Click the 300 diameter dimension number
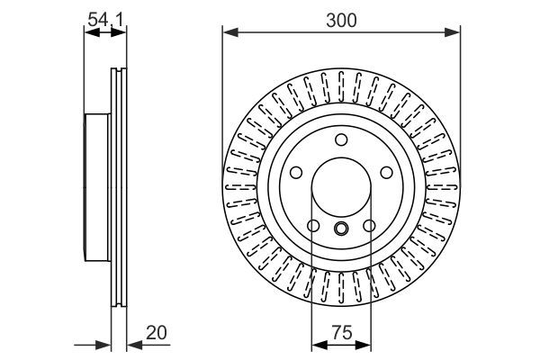341,18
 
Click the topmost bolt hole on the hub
341,140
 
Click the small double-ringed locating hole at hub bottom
341,228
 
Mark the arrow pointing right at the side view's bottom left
104,344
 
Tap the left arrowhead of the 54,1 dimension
89,33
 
